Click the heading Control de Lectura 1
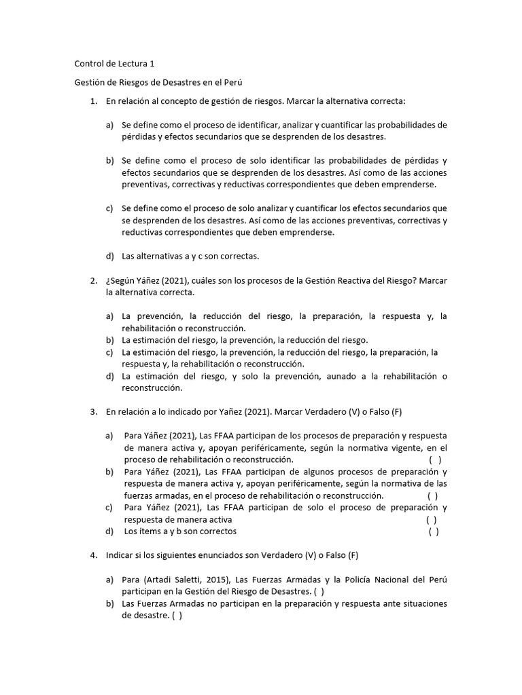click(x=114, y=64)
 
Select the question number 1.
click(x=93, y=101)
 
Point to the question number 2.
click(x=93, y=280)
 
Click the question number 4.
click(x=93, y=555)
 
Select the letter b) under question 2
click(x=109, y=340)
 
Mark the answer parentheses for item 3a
click(x=433, y=459)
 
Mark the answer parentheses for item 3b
click(x=432, y=495)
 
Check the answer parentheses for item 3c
click(x=432, y=520)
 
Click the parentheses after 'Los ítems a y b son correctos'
click(x=433, y=531)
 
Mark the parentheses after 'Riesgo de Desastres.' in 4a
click(x=319, y=592)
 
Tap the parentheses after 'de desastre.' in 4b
click(x=177, y=616)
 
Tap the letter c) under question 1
click(x=109, y=208)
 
